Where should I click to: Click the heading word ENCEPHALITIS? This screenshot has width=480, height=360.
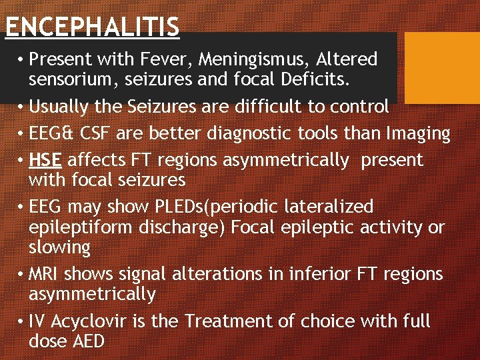tap(92, 27)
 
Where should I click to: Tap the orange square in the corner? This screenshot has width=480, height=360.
tap(443, 67)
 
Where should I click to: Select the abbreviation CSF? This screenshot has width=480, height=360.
tap(93, 133)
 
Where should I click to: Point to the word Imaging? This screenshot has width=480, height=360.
tap(419, 134)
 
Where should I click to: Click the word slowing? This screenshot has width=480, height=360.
tap(59, 247)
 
